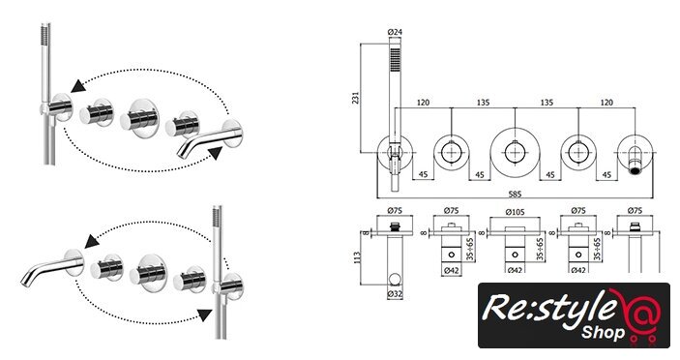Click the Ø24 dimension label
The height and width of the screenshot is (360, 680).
(x=395, y=32)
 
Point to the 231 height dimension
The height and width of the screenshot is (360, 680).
(x=356, y=98)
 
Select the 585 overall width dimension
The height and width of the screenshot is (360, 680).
(x=515, y=194)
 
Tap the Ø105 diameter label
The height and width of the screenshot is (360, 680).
(x=515, y=212)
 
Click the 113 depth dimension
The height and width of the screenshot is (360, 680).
(x=357, y=259)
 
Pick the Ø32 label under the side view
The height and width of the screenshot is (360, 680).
(x=395, y=294)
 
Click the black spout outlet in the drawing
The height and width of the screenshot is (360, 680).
(x=635, y=170)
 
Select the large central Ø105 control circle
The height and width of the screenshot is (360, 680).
(x=515, y=153)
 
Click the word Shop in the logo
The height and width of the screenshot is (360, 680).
(x=603, y=333)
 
